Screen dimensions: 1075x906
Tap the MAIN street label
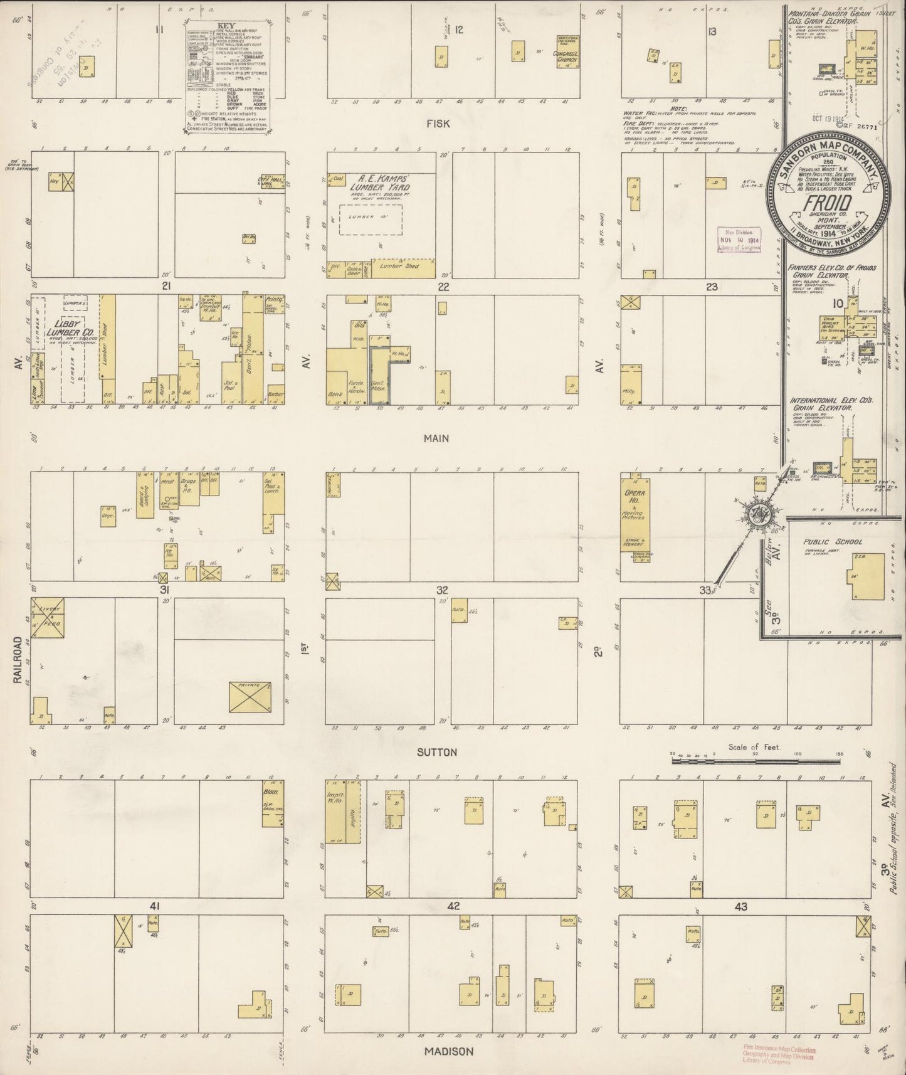pos(436,438)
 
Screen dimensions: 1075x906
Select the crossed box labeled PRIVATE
pos(250,696)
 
